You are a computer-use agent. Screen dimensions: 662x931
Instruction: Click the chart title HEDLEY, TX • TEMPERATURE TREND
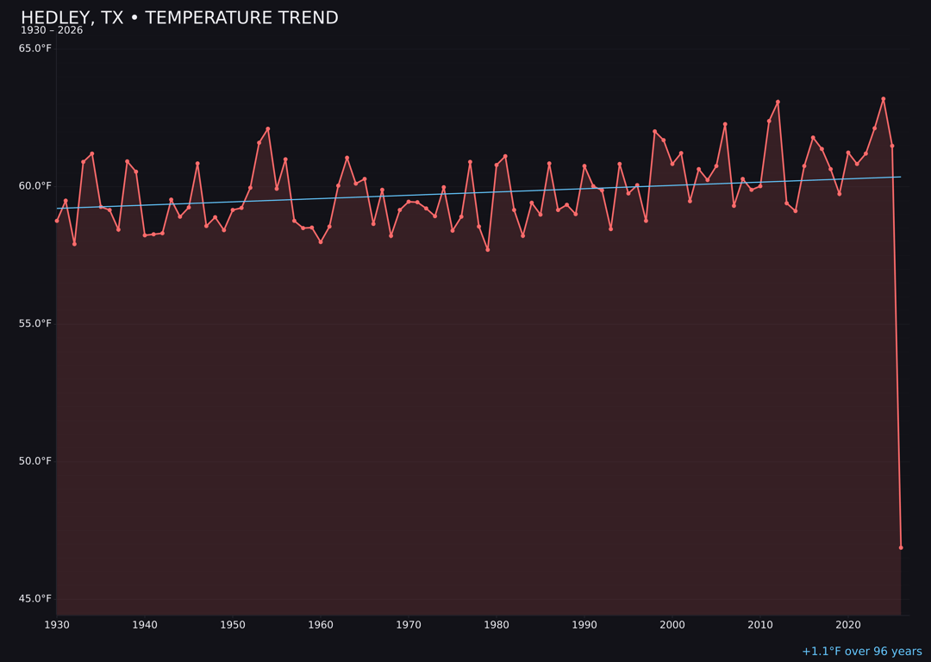[x=179, y=18]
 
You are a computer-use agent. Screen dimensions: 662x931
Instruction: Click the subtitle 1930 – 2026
[x=52, y=31]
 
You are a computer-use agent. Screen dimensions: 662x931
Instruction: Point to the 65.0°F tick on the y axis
[x=35, y=48]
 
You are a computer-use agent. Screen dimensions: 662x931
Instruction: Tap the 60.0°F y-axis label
[x=35, y=186]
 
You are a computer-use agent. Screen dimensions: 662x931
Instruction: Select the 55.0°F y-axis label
[x=35, y=324]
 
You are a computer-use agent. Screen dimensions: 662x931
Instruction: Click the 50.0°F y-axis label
[x=35, y=461]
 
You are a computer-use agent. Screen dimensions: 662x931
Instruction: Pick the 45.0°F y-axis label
[x=35, y=599]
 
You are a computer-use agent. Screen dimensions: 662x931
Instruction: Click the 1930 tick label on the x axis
[x=57, y=625]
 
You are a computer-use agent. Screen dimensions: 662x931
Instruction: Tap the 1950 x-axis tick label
[x=233, y=625]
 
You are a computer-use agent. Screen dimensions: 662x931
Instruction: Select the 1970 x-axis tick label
[x=409, y=625]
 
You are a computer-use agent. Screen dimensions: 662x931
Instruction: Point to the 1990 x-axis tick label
[x=584, y=625]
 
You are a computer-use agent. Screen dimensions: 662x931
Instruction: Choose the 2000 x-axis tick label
[x=672, y=625]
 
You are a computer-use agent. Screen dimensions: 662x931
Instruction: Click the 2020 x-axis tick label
[x=848, y=625]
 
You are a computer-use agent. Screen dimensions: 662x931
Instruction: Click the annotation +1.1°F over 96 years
[x=861, y=652]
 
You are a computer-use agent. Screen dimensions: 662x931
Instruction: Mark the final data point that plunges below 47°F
[x=901, y=547]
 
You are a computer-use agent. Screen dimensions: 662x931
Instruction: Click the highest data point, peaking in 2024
[x=883, y=99]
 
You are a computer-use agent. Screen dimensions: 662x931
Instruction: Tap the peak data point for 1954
[x=268, y=129]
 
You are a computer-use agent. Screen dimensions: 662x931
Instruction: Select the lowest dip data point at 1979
[x=488, y=250]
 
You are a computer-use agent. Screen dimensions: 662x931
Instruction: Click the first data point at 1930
[x=57, y=221]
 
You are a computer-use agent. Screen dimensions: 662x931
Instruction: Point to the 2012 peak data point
[x=778, y=102]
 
